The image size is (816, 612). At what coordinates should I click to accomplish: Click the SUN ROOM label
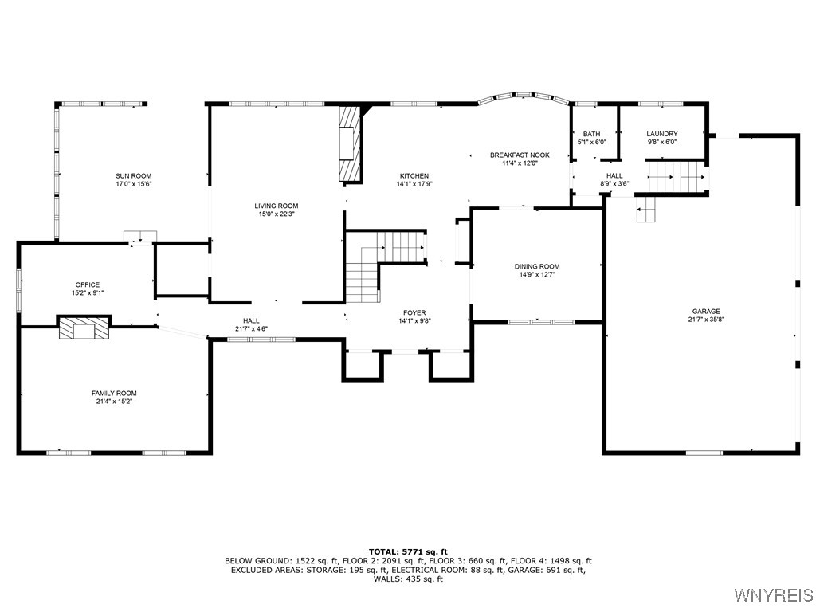tap(133, 176)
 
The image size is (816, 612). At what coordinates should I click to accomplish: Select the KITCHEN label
tap(414, 176)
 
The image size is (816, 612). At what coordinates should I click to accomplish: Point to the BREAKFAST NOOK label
tap(520, 155)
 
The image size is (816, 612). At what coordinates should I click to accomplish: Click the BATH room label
tap(591, 134)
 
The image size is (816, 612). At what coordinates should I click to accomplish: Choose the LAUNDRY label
tap(661, 134)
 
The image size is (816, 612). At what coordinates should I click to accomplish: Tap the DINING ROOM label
tap(537, 267)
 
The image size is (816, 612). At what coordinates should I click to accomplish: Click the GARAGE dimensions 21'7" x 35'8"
tap(706, 320)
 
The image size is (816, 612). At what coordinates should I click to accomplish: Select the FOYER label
tap(414, 313)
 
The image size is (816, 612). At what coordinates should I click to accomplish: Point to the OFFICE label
tap(88, 284)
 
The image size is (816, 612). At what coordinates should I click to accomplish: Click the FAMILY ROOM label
tap(114, 393)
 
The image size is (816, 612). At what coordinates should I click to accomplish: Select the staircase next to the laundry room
tap(676, 175)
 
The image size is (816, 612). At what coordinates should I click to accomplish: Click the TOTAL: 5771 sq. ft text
tap(408, 551)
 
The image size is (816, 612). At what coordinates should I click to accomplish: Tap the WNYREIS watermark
tap(774, 595)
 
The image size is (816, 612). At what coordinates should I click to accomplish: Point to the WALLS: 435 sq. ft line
tap(408, 579)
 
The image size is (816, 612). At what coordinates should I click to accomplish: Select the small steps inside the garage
tap(646, 210)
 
